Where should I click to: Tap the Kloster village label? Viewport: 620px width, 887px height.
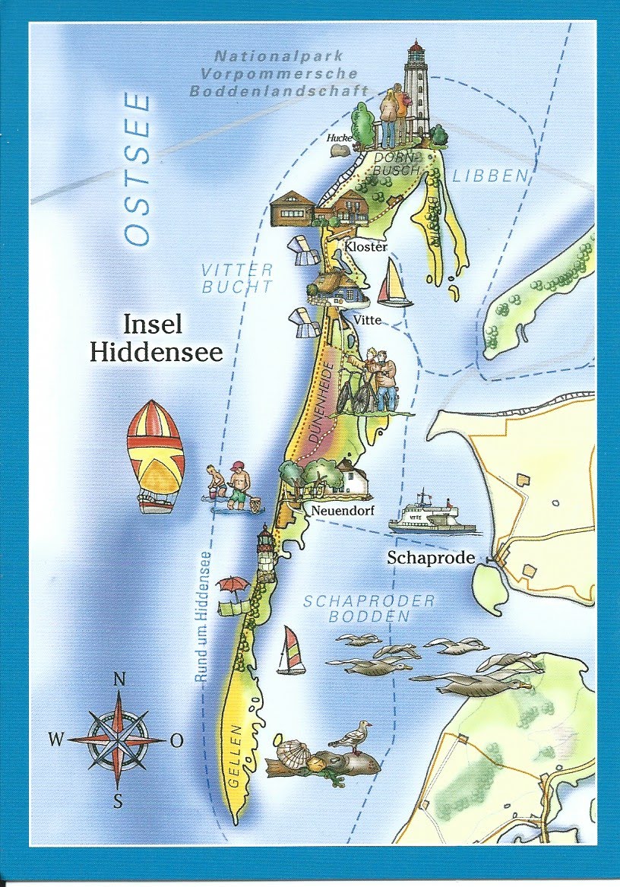click(365, 247)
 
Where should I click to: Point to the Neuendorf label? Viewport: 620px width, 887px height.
click(340, 510)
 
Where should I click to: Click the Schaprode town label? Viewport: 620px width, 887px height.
click(431, 557)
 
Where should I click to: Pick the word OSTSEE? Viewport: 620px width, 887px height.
click(138, 169)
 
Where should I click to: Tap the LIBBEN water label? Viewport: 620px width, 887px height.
click(489, 176)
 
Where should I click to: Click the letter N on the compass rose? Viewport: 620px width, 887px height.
click(119, 680)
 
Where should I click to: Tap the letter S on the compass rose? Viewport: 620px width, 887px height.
click(118, 799)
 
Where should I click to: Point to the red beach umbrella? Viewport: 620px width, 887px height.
click(233, 584)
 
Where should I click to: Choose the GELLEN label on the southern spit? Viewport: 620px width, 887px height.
click(234, 757)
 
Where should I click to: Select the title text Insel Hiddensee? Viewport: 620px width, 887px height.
click(156, 339)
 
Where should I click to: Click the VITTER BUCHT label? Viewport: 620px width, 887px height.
click(237, 278)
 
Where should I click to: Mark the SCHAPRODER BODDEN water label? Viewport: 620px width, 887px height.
click(369, 608)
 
